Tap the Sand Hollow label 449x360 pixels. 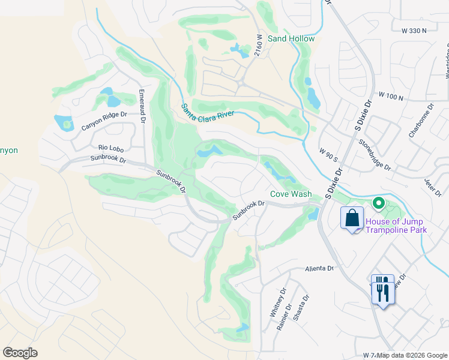coord(291,38)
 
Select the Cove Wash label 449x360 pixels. coord(291,194)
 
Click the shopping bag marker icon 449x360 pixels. coord(352,218)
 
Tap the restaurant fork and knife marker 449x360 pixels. coord(382,290)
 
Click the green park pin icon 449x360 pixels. coord(378,203)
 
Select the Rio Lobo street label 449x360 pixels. coord(110,147)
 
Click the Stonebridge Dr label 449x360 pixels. coord(375,155)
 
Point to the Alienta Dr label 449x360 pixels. coord(318,269)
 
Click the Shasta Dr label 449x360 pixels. coord(302,307)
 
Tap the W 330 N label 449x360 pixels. coord(410,30)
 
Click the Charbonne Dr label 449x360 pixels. coord(421,123)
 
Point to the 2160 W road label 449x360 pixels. coord(259,46)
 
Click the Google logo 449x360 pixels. coord(20,353)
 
